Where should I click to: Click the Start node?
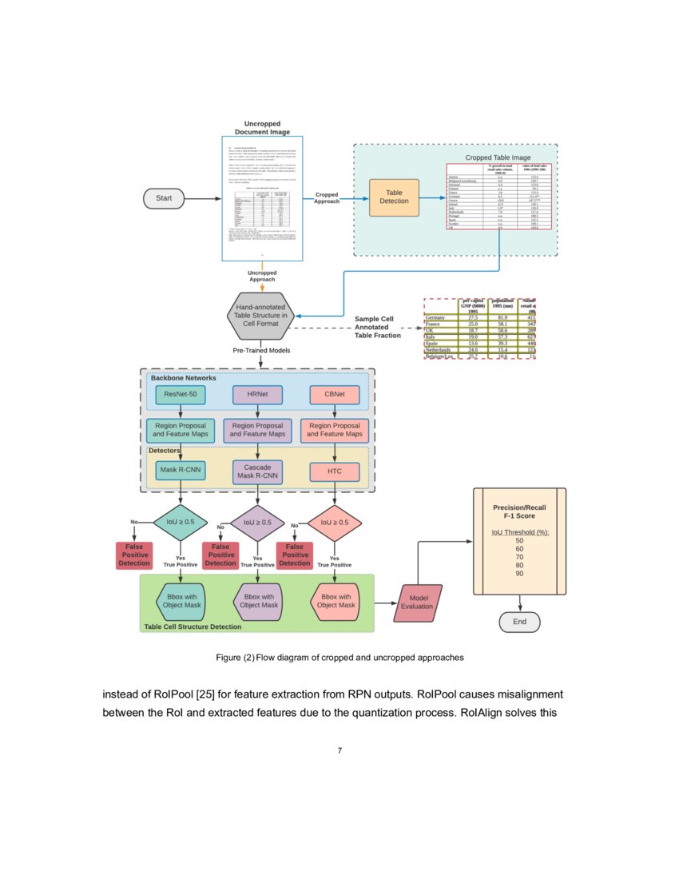click(164, 198)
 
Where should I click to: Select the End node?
click(519, 622)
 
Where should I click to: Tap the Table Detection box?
click(394, 197)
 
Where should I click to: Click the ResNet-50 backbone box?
click(181, 394)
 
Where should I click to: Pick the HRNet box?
click(257, 394)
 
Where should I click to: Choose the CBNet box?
click(334, 394)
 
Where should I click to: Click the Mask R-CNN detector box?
click(181, 470)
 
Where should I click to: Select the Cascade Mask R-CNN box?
click(257, 471)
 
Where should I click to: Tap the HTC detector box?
click(334, 471)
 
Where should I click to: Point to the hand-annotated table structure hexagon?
click(260, 316)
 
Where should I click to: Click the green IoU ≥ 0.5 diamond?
click(181, 522)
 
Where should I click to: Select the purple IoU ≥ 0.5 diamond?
click(257, 523)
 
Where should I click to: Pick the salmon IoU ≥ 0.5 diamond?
click(334, 523)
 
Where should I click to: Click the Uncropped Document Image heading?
click(261, 128)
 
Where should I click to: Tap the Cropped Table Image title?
click(498, 157)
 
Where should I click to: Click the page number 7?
click(339, 750)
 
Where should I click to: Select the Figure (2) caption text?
click(339, 658)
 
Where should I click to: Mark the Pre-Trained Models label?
click(261, 351)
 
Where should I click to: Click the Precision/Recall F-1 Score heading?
click(519, 512)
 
